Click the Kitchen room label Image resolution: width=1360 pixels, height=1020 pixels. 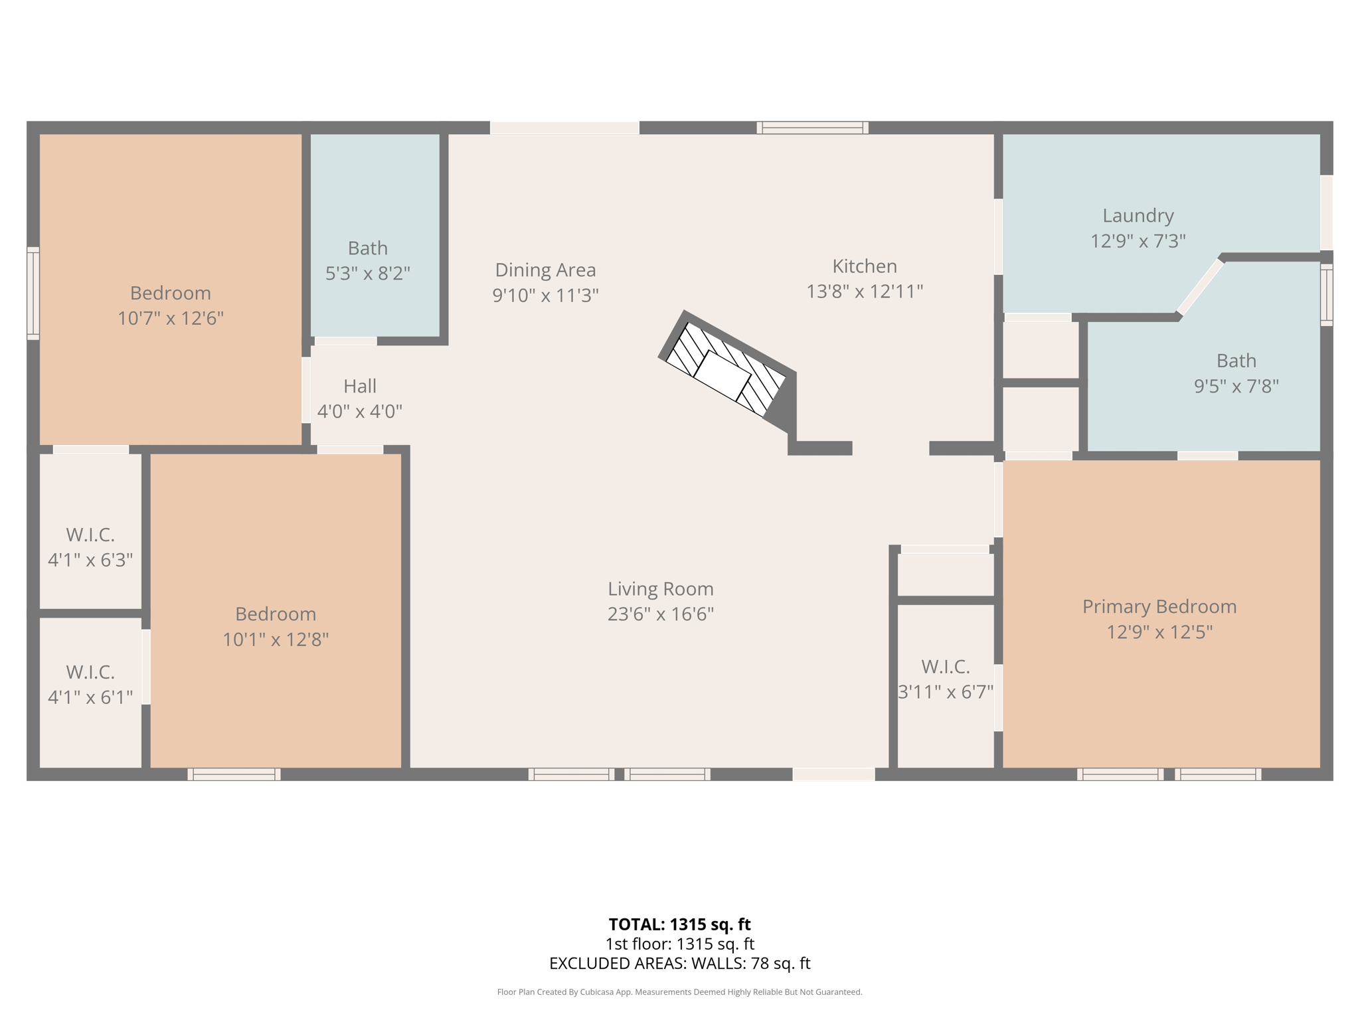point(865,266)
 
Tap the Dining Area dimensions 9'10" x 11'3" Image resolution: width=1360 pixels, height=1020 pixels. point(545,295)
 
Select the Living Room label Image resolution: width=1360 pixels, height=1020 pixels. point(660,589)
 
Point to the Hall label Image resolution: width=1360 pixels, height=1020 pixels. point(360,386)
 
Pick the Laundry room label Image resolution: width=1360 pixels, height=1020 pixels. point(1138,216)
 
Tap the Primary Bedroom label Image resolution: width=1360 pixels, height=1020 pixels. point(1159,606)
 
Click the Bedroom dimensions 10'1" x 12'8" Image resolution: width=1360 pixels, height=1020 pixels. point(275,639)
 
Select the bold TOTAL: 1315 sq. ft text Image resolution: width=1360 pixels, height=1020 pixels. point(679,924)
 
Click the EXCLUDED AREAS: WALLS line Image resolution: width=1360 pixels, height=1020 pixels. point(679,963)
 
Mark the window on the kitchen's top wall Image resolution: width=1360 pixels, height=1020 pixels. point(812,127)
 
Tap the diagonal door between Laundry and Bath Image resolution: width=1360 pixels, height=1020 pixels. point(1200,287)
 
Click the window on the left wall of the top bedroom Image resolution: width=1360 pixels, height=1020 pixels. point(33,293)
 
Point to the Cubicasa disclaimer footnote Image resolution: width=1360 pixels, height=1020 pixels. point(679,992)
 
